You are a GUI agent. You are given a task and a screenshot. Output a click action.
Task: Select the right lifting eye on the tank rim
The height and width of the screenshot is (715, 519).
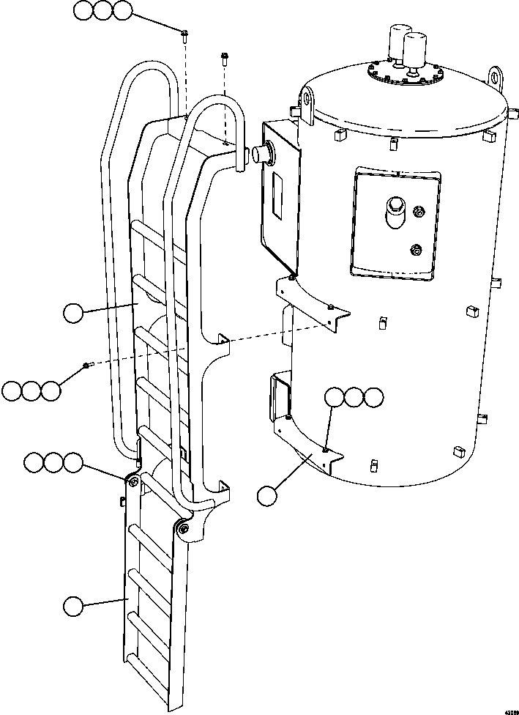[x=497, y=76]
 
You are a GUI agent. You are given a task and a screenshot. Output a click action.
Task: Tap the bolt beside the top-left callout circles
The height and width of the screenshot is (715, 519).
[x=185, y=34]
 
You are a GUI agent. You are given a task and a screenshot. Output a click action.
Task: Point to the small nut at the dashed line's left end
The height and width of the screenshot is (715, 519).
[x=87, y=365]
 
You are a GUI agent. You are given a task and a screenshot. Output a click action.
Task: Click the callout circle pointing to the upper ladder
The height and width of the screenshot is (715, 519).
[x=72, y=313]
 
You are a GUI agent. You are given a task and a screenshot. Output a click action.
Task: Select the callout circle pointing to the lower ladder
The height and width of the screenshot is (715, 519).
[x=72, y=607]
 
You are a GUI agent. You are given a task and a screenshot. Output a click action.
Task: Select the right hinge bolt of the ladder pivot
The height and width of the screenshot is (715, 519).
[x=182, y=528]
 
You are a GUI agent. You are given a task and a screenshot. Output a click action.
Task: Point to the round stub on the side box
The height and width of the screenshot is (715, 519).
[x=261, y=153]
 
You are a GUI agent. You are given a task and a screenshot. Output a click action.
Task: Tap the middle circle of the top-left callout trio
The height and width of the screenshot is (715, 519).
[x=103, y=11]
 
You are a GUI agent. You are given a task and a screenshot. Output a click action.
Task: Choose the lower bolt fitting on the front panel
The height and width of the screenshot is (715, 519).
[x=417, y=249]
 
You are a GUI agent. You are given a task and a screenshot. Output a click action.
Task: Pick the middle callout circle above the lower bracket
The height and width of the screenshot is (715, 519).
[x=354, y=397]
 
